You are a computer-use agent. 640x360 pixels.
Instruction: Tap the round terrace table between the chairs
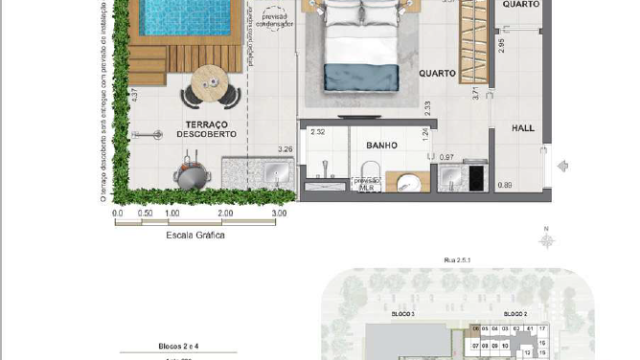click(211, 83)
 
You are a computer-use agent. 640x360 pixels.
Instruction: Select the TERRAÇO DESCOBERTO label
click(206, 128)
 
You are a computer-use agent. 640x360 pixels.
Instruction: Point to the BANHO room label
click(381, 145)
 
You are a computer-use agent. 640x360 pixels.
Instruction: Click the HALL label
click(524, 129)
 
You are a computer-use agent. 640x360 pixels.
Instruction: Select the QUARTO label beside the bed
click(437, 73)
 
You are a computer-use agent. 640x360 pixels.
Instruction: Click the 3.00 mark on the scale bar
click(278, 213)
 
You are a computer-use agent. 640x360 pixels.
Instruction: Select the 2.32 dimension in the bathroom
click(318, 132)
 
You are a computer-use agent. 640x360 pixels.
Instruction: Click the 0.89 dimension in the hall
click(506, 185)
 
